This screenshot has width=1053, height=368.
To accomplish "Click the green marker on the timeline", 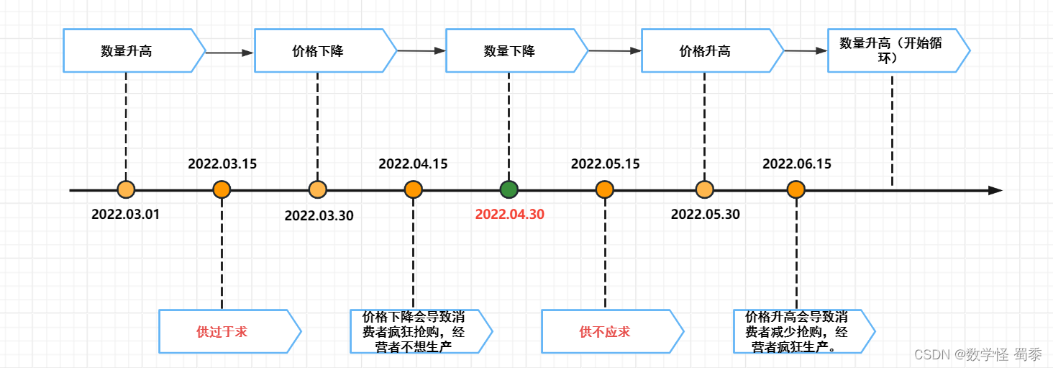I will pos(509,190).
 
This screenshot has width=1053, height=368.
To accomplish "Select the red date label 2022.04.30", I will pos(509,214).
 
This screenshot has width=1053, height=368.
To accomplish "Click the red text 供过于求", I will pos(222,332).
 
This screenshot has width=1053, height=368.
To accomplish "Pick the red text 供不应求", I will pos(604,332).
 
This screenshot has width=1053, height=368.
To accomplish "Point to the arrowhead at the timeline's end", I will pos(995,191).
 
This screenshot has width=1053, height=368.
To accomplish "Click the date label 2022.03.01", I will pos(126,214).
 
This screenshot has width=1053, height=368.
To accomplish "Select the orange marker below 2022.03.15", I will pos(222,190).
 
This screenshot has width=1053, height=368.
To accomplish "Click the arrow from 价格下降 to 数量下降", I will pos(421,51).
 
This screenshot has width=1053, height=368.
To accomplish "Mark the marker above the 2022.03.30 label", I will pos(317,190).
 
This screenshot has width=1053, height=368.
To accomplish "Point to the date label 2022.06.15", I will pos(797,164).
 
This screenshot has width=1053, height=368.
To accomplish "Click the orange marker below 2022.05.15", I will pos(605,190).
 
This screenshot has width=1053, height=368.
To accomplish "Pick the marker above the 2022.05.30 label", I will pos(704,190).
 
